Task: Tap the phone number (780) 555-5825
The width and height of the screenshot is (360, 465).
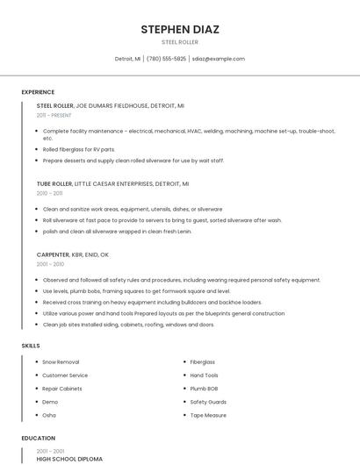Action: [x=166, y=59]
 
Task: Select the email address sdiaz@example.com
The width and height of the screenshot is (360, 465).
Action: [x=218, y=59]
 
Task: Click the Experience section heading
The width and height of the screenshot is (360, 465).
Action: [x=38, y=92]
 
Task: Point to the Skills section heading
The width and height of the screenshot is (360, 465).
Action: [x=31, y=346]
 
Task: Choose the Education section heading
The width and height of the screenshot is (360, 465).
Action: [x=38, y=438]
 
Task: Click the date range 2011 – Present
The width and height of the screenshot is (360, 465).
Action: [x=54, y=115]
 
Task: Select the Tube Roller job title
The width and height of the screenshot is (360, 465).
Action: [x=54, y=184]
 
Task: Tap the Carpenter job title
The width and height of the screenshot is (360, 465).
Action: [x=53, y=254]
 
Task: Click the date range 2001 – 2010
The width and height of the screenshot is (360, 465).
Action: [x=50, y=264]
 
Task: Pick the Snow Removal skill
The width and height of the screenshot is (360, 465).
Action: [x=61, y=362]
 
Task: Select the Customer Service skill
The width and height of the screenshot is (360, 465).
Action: [x=66, y=376]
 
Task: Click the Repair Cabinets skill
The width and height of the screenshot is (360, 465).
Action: [x=62, y=389]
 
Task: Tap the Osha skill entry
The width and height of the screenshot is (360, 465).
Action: [x=49, y=415]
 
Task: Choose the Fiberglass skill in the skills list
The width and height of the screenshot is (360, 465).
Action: [x=203, y=362]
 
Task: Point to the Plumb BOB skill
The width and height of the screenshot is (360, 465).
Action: [x=204, y=389]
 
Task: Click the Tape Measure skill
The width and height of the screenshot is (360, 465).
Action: [x=208, y=415]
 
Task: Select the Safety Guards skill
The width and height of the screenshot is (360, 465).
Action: [x=208, y=402]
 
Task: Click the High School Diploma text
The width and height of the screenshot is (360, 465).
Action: [x=69, y=459]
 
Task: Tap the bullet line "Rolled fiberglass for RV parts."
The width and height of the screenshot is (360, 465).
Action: [x=79, y=149]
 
